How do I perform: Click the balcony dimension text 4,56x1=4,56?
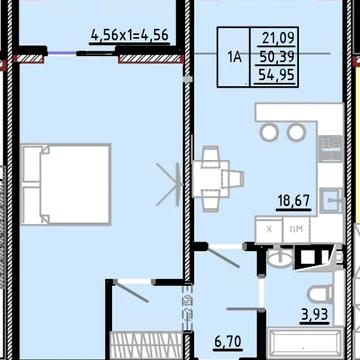(x=130, y=35)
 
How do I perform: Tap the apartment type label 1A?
(x=234, y=57)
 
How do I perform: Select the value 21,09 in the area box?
(x=278, y=38)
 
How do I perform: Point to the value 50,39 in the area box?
(x=277, y=57)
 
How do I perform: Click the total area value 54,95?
(x=277, y=75)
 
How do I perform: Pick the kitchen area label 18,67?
(x=294, y=201)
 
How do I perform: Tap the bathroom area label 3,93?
(x=315, y=315)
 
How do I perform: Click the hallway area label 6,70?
(x=228, y=341)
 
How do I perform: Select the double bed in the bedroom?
(x=66, y=184)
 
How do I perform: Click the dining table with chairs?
(x=218, y=179)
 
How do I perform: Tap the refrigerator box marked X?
(x=269, y=229)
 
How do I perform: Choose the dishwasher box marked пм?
(x=296, y=229)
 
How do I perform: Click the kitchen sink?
(x=331, y=200)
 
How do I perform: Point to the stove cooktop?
(x=330, y=149)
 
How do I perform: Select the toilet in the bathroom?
(x=320, y=294)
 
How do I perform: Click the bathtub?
(x=306, y=344)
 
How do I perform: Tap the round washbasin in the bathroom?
(x=280, y=257)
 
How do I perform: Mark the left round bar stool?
(x=269, y=132)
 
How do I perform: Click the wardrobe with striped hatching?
(x=147, y=346)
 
